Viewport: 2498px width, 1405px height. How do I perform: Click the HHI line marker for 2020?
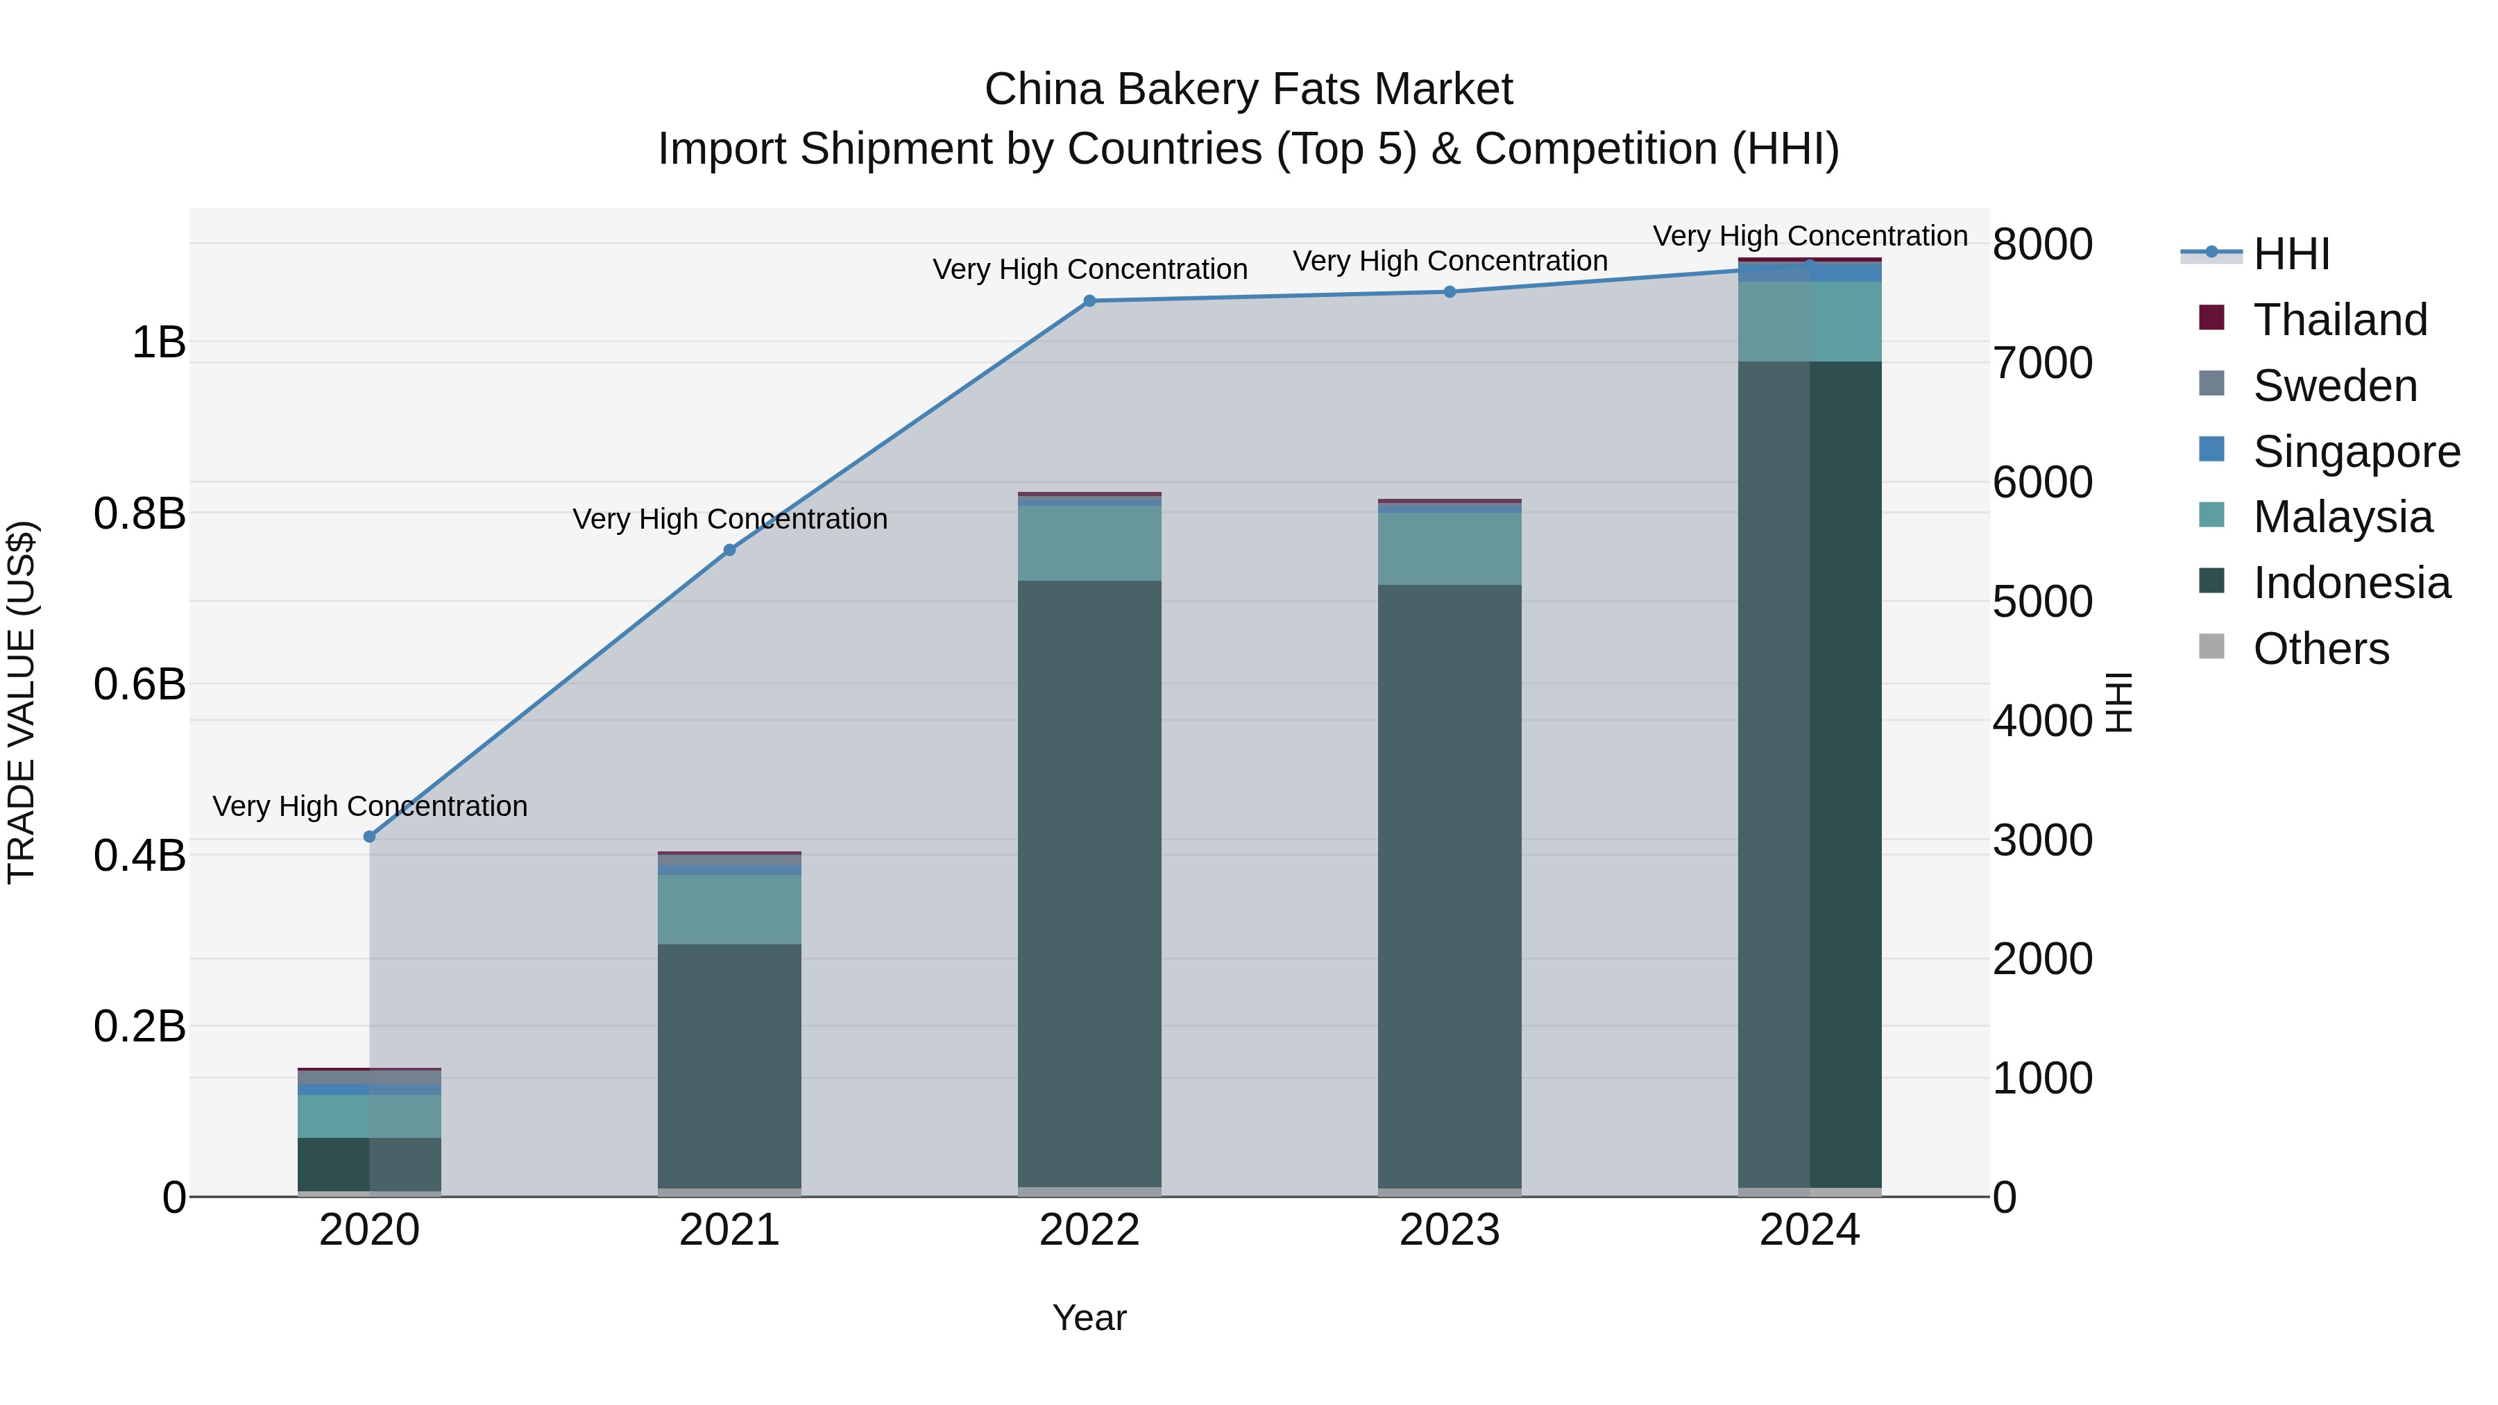368,837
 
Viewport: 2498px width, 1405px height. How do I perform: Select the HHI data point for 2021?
729,550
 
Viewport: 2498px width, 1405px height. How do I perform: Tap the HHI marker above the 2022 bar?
1089,300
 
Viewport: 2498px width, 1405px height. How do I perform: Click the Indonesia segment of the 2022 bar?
1089,883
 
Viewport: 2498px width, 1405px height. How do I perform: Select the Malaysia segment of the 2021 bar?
729,910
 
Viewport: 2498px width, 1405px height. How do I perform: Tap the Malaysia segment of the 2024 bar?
1810,321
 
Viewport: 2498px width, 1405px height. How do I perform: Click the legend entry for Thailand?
2339,319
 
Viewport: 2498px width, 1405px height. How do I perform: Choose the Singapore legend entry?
2356,451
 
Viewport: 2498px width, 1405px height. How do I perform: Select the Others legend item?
2320,648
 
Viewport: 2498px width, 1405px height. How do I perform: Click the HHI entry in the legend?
2291,253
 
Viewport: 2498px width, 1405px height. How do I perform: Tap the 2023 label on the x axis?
1450,1230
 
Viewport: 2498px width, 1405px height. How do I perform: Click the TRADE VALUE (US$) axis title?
22,702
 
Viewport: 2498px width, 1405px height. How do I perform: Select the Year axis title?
1089,1318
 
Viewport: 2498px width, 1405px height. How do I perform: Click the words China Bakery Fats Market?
1248,90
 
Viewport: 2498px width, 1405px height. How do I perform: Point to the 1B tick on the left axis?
158,342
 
